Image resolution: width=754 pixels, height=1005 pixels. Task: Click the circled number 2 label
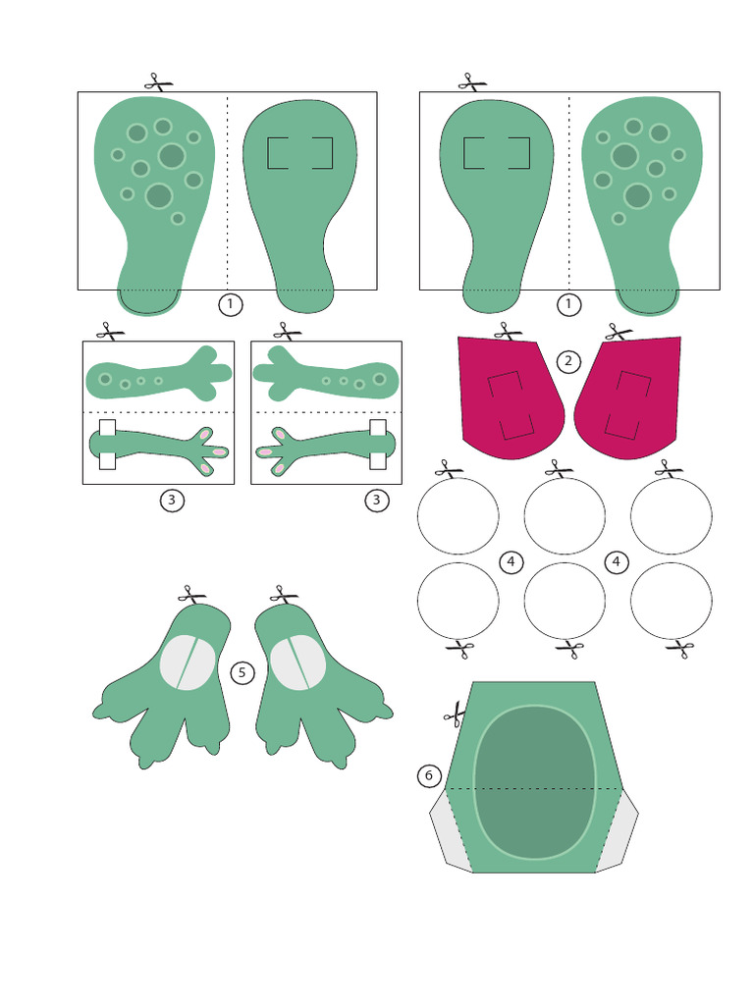[x=567, y=361]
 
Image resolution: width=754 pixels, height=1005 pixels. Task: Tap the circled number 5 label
[x=242, y=672]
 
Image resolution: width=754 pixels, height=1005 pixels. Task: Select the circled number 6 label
[x=428, y=776]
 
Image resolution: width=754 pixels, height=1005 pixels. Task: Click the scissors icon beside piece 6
[x=455, y=714]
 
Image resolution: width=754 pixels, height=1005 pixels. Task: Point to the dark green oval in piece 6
[x=534, y=781]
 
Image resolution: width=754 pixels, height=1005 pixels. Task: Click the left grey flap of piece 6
[x=450, y=829]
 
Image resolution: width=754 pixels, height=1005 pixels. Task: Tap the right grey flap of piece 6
[x=619, y=829]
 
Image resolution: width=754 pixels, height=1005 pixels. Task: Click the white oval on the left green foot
[x=188, y=662]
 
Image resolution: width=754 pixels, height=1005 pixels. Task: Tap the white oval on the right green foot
[x=297, y=662]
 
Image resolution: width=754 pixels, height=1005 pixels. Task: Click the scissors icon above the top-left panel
[x=157, y=81]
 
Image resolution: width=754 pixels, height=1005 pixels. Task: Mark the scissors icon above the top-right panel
[x=472, y=81]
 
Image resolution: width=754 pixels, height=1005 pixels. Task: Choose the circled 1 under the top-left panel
[x=230, y=304]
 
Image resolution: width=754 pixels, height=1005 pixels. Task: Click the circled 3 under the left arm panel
[x=171, y=501]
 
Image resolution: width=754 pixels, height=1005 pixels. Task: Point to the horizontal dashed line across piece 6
[x=534, y=787]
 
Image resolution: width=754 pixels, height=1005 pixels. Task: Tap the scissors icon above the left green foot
[x=192, y=595]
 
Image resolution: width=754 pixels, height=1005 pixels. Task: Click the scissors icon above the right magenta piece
[x=619, y=332]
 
